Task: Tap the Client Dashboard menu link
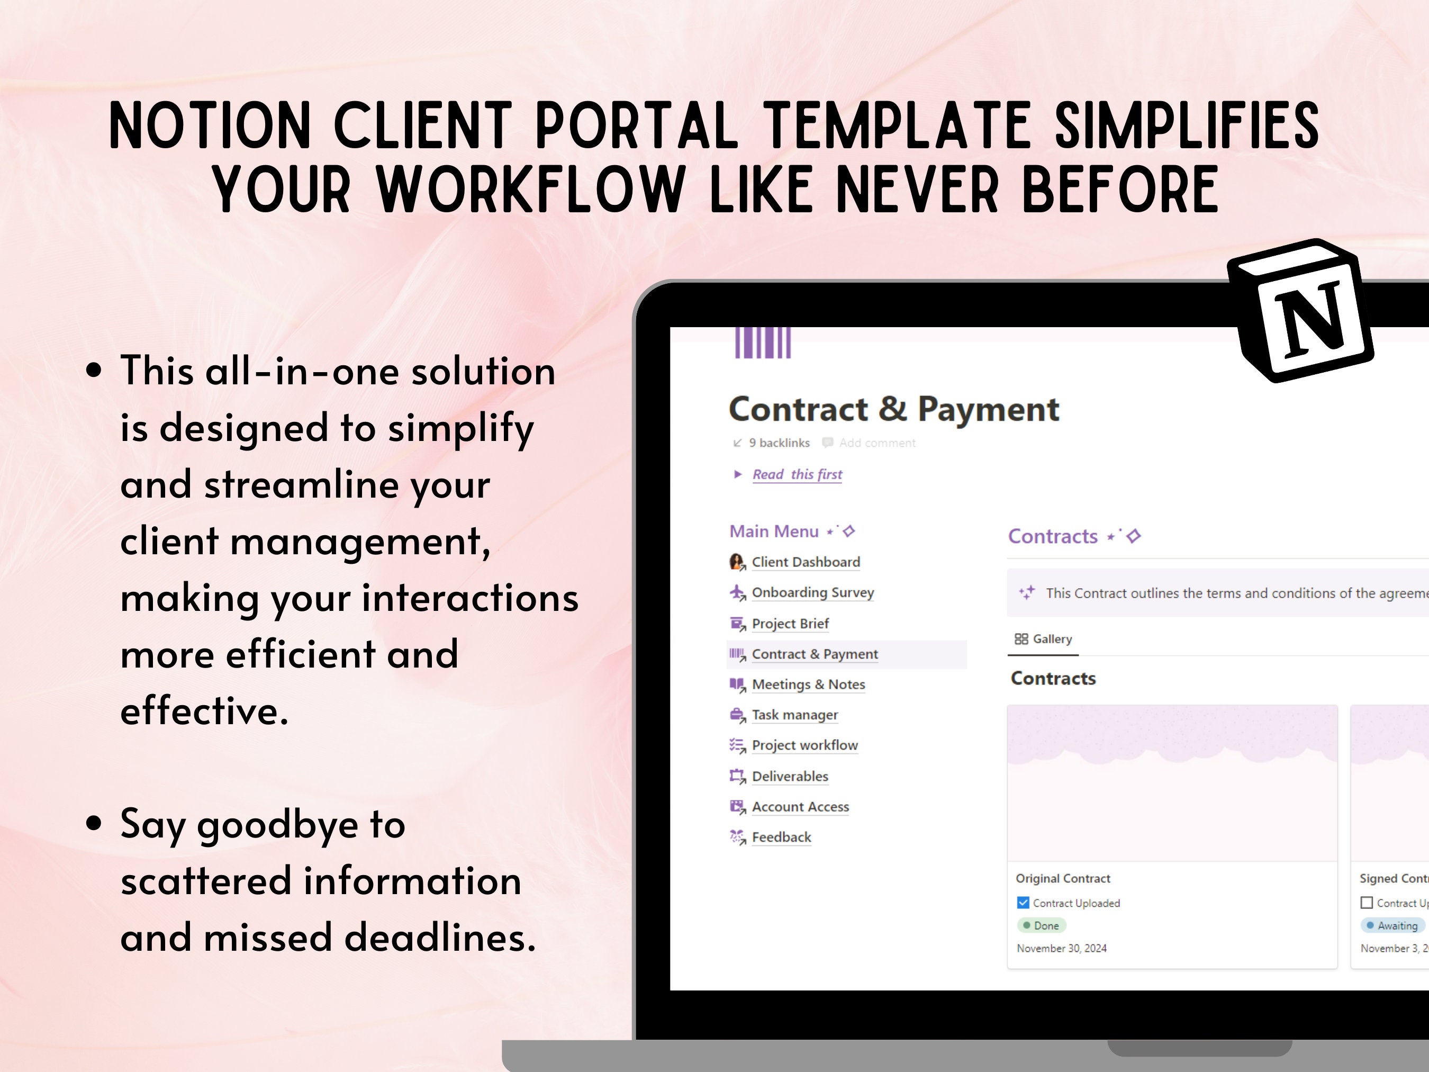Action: (x=805, y=562)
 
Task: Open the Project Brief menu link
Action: (x=790, y=624)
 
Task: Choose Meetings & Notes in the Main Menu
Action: (x=808, y=684)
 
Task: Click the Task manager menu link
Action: (x=794, y=715)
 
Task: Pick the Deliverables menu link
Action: (x=790, y=776)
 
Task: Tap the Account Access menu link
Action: (x=800, y=806)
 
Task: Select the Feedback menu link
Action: (x=781, y=837)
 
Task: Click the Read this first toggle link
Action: (x=797, y=474)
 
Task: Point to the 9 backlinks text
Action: (x=779, y=443)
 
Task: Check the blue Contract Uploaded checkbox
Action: (x=1023, y=903)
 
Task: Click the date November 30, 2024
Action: (x=1061, y=948)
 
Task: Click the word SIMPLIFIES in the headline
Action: (x=1187, y=125)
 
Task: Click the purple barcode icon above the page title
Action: (x=763, y=343)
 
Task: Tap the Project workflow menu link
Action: (x=804, y=745)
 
